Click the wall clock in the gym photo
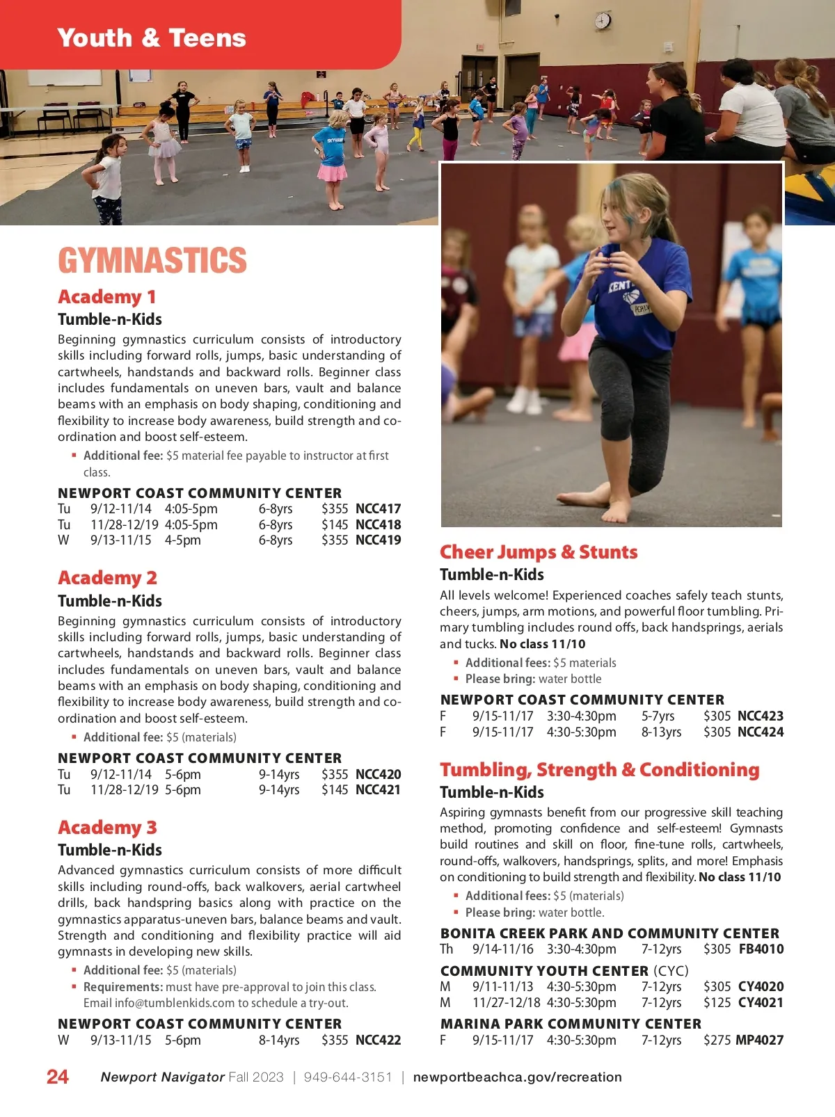(x=603, y=21)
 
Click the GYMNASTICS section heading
(x=152, y=261)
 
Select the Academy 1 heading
(x=107, y=297)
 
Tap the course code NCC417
(x=378, y=508)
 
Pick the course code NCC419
(x=378, y=540)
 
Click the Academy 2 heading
(x=108, y=578)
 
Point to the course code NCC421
(x=378, y=789)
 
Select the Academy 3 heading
(x=108, y=828)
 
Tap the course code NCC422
(x=378, y=1040)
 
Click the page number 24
(x=58, y=1077)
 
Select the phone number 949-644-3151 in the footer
(x=348, y=1077)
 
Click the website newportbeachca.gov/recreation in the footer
(x=517, y=1077)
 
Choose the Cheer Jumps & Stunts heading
(x=539, y=552)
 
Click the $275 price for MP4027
(x=717, y=1040)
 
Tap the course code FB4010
(x=761, y=949)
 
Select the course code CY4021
(x=761, y=1002)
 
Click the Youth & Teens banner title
(x=152, y=38)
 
